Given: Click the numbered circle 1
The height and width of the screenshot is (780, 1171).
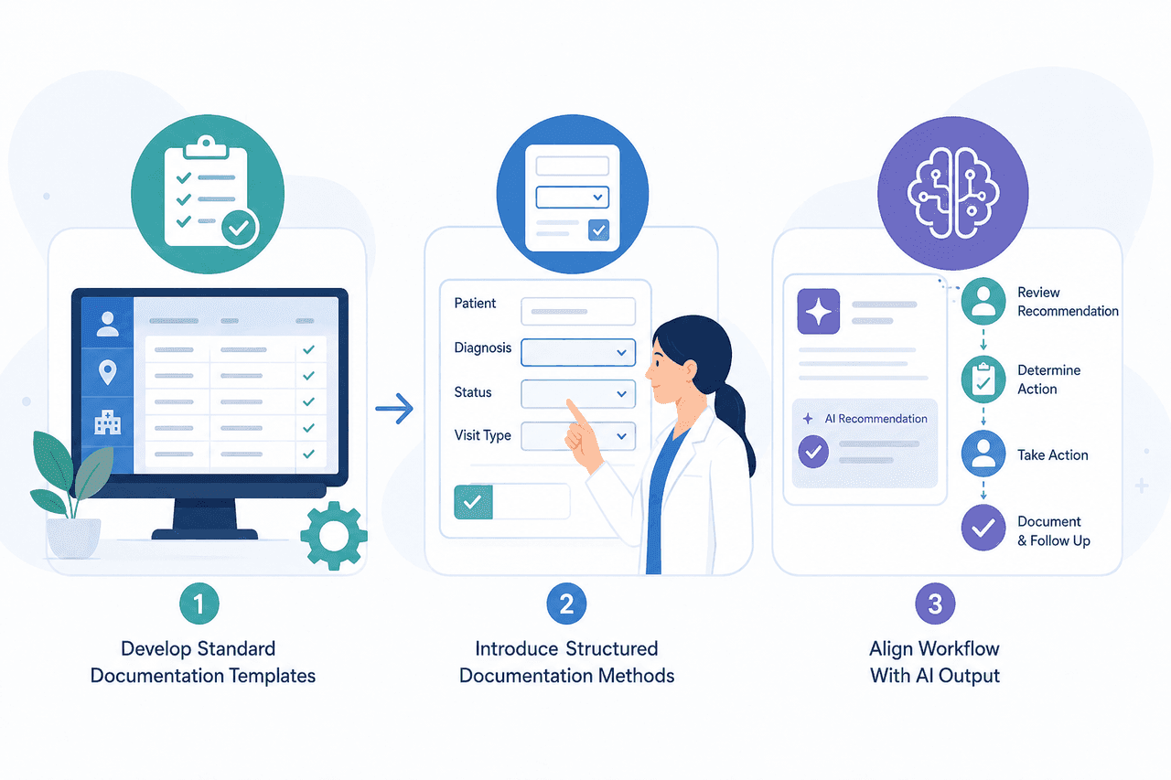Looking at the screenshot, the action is point(199,604).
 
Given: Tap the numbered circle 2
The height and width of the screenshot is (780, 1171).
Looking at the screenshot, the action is point(566,604).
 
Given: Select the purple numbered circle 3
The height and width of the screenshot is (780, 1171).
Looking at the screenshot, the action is point(935,604).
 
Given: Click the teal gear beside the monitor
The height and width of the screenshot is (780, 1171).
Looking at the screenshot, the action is point(334,536).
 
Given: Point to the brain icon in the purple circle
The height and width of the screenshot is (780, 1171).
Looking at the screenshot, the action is point(953,193).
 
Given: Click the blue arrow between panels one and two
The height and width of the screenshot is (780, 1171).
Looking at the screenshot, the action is point(394,408).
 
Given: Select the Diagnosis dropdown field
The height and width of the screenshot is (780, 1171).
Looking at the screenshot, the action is point(578,352).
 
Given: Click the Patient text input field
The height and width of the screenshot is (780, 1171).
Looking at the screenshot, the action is point(578,312).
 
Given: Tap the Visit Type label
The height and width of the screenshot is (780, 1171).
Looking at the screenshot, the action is point(482,435).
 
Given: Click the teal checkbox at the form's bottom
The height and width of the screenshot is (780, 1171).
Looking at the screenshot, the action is point(473,502).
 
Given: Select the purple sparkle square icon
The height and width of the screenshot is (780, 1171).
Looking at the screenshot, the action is point(818,312).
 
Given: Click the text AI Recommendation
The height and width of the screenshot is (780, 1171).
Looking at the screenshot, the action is point(876,419).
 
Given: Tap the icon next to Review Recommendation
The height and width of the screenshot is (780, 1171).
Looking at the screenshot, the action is point(983,301).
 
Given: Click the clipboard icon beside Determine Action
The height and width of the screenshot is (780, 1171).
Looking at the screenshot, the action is point(983,379).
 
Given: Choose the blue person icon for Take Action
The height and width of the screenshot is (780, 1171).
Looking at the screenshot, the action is point(983,454).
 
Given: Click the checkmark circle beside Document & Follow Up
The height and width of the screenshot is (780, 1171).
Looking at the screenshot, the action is point(983,528).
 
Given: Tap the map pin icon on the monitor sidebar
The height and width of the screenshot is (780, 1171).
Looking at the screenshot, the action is point(108,372).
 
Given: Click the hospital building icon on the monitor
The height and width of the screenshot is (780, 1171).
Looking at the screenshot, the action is point(108,422).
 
